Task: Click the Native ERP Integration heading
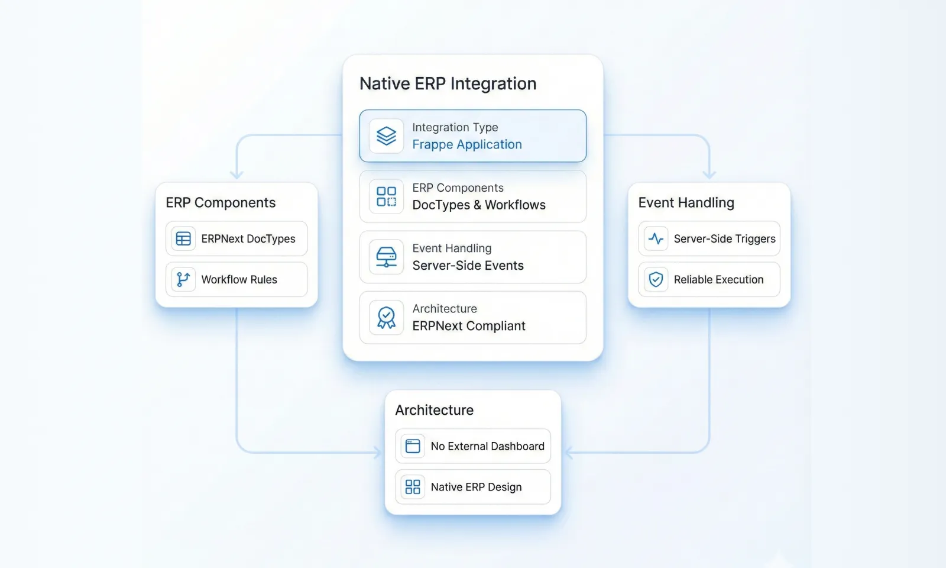click(x=448, y=84)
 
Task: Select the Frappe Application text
click(x=466, y=144)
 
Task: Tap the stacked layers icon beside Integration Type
click(x=386, y=136)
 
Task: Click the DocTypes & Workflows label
click(x=478, y=205)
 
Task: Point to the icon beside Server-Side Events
click(x=386, y=257)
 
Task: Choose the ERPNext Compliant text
click(x=468, y=326)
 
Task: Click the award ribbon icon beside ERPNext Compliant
click(x=386, y=318)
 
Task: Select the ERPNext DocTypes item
click(x=248, y=238)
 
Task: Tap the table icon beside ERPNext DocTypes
click(x=183, y=238)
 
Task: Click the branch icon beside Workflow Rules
click(x=183, y=279)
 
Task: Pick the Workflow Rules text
click(x=239, y=279)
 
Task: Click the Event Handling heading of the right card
click(x=686, y=203)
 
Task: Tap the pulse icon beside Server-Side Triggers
click(x=656, y=238)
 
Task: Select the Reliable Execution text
click(x=718, y=279)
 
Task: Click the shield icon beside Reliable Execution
click(x=656, y=279)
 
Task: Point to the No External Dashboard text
click(x=487, y=446)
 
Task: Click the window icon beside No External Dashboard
click(x=413, y=446)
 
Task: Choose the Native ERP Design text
click(x=476, y=487)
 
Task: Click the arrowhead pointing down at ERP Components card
click(x=237, y=175)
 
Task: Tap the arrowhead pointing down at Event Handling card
click(x=709, y=175)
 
